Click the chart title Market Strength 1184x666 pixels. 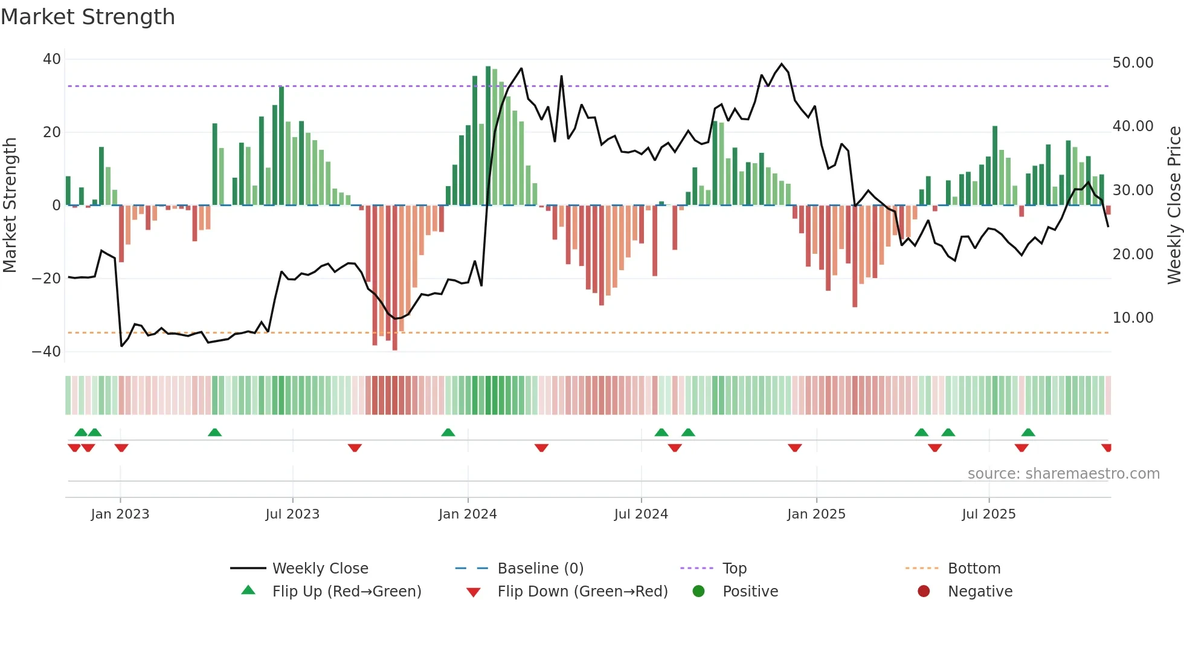coord(88,17)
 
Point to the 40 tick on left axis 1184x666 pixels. coord(52,59)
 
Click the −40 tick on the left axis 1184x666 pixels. coord(47,351)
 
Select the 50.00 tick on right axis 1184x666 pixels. coord(1133,63)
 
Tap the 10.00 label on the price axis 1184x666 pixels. coord(1133,318)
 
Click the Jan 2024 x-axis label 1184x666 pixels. coord(468,514)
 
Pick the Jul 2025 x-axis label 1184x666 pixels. coord(988,514)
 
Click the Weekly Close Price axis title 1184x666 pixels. coord(1174,205)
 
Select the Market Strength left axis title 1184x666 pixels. coord(10,205)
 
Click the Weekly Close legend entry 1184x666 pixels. coord(320,569)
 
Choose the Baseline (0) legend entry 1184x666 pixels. coord(540,569)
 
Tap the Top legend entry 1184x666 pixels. coord(734,569)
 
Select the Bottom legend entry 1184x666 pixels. coord(974,569)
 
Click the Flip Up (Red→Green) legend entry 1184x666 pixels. coord(346,592)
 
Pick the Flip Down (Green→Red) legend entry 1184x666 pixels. coord(582,592)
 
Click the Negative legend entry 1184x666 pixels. coord(979,592)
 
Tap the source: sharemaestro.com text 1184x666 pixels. coord(1063,474)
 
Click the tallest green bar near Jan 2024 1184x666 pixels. coord(488,135)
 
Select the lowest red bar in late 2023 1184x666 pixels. coord(395,278)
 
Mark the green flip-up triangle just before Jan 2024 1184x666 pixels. coord(448,433)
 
